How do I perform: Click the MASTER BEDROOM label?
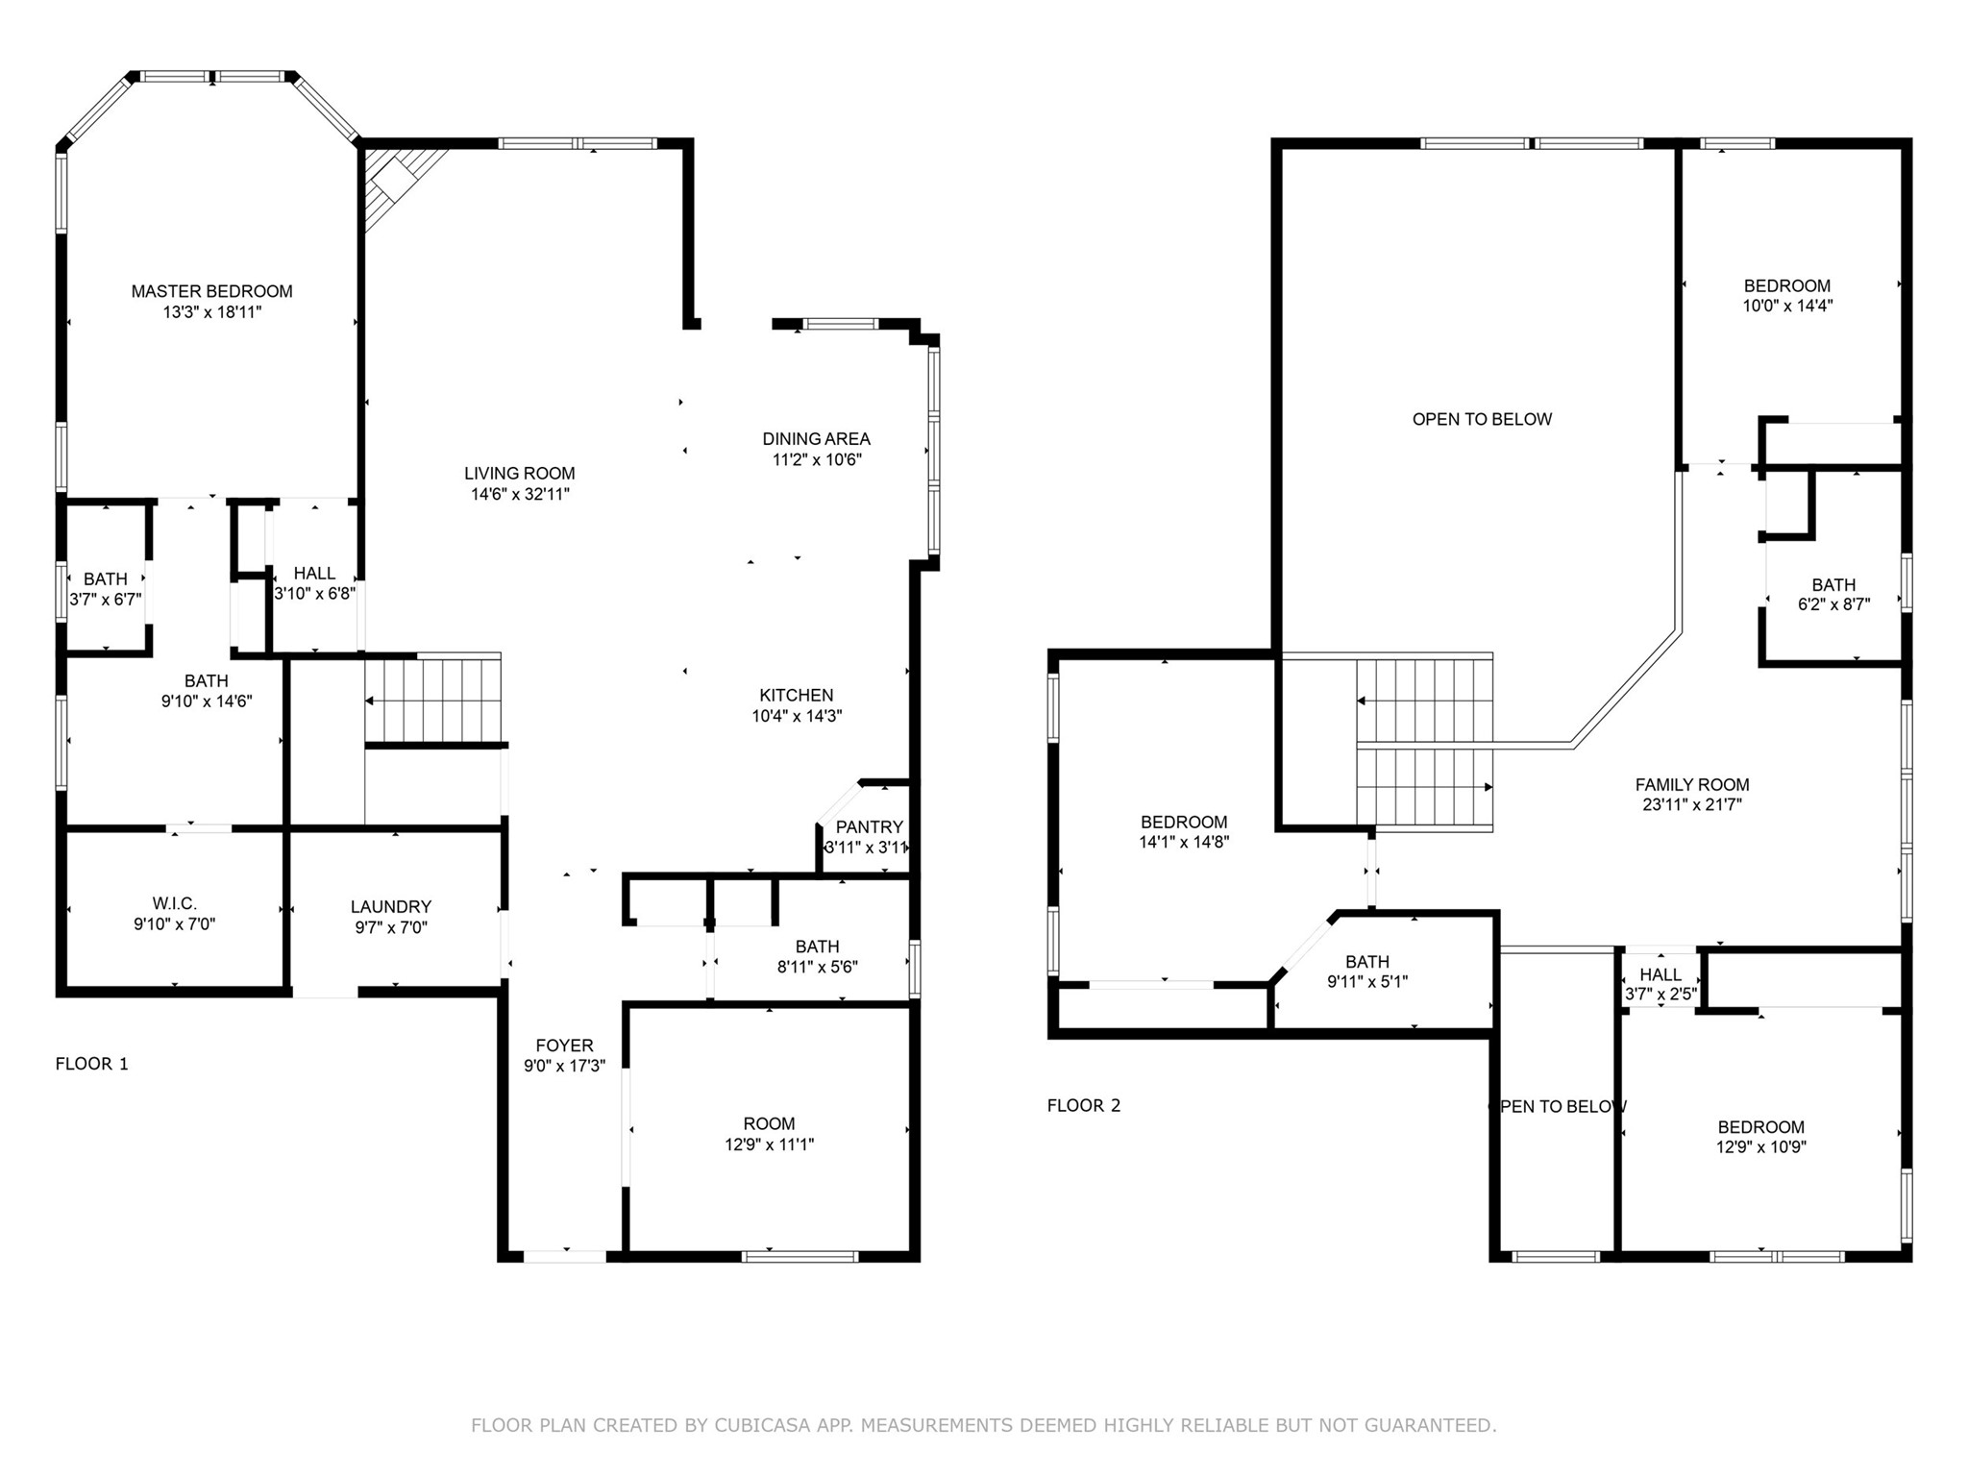pos(211,291)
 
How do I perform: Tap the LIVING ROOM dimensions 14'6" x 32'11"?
pos(519,495)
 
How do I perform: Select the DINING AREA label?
pos(816,439)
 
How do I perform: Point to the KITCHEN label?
pos(797,696)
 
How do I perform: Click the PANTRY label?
pos(870,827)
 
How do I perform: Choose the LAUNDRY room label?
pos(391,907)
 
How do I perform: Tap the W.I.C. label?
pos(174,904)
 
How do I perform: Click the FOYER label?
pos(564,1045)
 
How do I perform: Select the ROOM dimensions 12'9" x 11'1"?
pos(769,1144)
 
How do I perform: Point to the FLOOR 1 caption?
pos(91,1064)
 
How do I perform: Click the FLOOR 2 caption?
pos(1084,1105)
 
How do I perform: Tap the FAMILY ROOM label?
pos(1692,785)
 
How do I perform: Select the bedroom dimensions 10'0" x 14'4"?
pos(1787,307)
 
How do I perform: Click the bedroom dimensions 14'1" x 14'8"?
pos(1184,843)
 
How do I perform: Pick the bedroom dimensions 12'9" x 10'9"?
pos(1761,1147)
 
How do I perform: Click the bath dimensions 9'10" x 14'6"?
pos(207,701)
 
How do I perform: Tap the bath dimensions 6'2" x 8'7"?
pos(1833,605)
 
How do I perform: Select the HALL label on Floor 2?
pos(1660,974)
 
